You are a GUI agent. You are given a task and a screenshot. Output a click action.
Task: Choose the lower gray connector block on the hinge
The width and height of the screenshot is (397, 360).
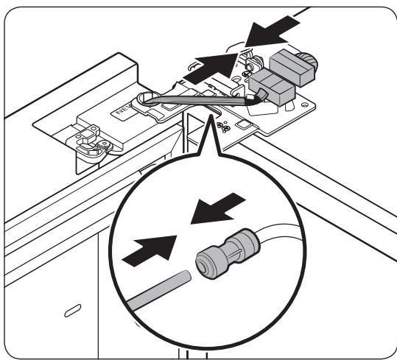pyautogui.click(x=276, y=93)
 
